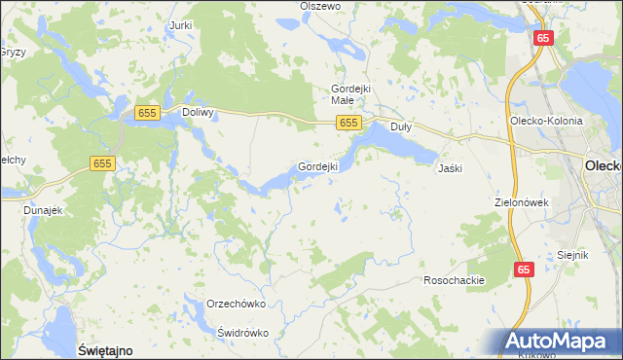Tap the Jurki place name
pos(179,24)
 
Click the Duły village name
pos(401,126)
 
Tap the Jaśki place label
pos(450,168)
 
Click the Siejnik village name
pos(574,255)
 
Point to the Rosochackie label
pos(454,280)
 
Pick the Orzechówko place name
pos(237,304)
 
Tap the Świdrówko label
pos(242,332)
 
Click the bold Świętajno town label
pos(104,348)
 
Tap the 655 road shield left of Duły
pos(350,123)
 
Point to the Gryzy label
pos(13,52)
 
